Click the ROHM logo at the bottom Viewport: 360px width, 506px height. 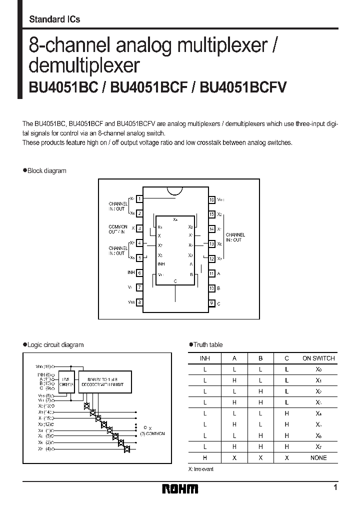180,488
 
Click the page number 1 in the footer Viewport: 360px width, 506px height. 335,487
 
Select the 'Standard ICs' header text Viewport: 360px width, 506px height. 54,19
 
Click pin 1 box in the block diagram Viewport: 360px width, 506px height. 140,199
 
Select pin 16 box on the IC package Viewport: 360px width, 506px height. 212,199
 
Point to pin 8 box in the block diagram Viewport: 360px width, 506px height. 140,302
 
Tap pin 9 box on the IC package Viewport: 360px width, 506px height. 212,303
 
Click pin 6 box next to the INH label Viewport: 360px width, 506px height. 140,273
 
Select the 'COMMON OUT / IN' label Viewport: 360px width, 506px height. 118,228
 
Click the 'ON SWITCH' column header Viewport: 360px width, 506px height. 318,358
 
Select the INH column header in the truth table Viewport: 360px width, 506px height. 205,358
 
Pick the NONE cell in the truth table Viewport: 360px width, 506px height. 318,457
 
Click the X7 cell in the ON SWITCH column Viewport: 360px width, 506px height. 318,446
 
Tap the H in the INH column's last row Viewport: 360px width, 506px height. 205,457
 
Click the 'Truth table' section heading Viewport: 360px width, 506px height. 207,344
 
